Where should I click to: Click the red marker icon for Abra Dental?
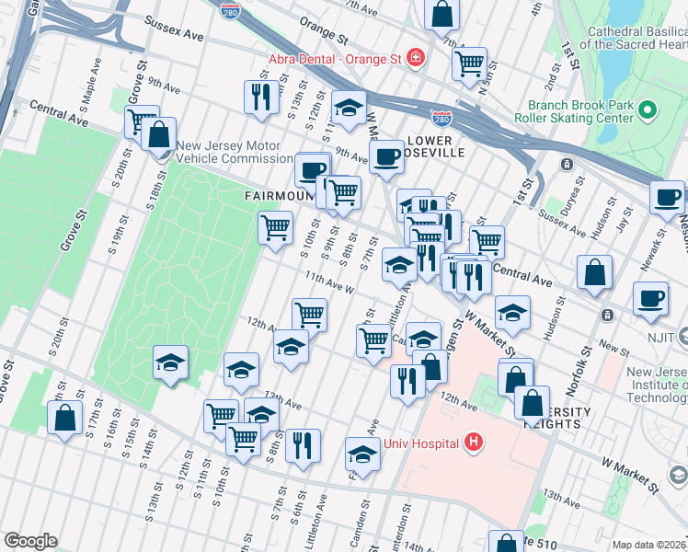pos(416,58)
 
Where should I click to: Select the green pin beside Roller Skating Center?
pos(647,111)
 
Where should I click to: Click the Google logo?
pos(30,540)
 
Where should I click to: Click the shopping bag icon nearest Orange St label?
pos(442,16)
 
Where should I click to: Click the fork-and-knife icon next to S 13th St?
pos(261,98)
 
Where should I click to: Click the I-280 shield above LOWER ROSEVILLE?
pos(441,118)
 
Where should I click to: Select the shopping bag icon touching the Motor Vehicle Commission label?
pos(159,134)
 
